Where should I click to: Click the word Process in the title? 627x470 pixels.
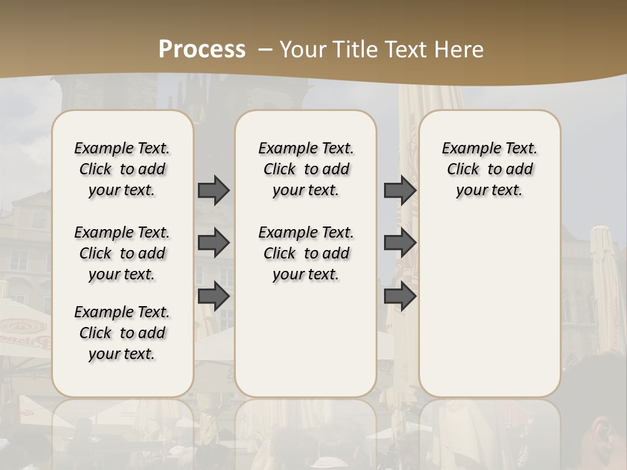(x=202, y=49)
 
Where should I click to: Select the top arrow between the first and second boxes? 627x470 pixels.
(x=214, y=190)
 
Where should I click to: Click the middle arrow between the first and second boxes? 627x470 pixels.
(x=214, y=243)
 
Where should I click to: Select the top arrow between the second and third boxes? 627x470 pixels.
(x=400, y=190)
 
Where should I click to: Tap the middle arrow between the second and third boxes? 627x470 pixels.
(x=400, y=243)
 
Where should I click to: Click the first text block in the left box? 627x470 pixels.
(x=122, y=169)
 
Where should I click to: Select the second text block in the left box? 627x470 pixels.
(x=122, y=253)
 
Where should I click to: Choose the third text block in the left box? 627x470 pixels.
(x=122, y=333)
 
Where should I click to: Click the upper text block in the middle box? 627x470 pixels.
(x=306, y=169)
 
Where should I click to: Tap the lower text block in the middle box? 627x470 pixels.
(x=306, y=253)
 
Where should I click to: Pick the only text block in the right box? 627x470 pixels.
(x=490, y=169)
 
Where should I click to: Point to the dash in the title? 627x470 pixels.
(x=265, y=49)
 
